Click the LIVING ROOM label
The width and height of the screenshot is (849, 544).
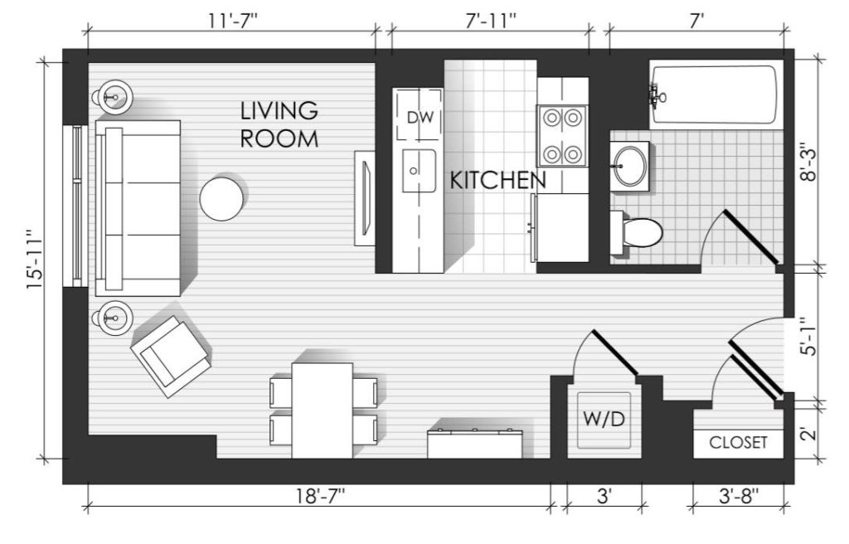(x=279, y=124)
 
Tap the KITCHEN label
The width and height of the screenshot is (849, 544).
(x=497, y=181)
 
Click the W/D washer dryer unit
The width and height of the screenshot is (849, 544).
(x=604, y=420)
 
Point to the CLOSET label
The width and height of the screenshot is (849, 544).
(x=738, y=443)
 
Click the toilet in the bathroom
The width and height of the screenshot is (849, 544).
(x=636, y=232)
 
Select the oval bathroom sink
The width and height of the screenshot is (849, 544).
(x=629, y=166)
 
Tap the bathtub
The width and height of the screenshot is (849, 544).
(x=716, y=95)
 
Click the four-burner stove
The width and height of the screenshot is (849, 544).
(x=562, y=136)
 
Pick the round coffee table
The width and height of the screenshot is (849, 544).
(x=221, y=198)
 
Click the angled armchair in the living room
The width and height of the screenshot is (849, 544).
(x=170, y=357)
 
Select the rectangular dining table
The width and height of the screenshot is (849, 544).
(x=323, y=410)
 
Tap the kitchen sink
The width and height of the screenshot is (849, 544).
(x=419, y=171)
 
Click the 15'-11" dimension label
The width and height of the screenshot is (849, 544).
(x=35, y=260)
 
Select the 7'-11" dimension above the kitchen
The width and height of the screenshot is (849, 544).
(x=491, y=22)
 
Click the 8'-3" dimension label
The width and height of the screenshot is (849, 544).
(x=808, y=162)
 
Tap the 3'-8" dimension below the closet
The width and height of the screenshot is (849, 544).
(x=739, y=495)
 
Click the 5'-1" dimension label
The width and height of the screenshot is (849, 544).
(x=808, y=337)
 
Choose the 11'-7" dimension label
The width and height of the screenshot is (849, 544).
(x=233, y=22)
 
